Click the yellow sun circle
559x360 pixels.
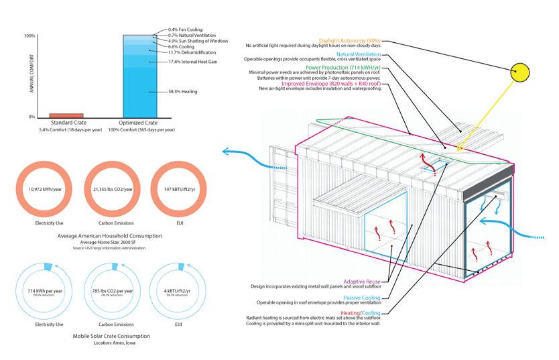tap(521, 72)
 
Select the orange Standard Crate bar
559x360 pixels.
tap(66, 115)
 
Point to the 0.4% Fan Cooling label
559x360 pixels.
tap(186, 29)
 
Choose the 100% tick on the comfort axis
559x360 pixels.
tap(29, 36)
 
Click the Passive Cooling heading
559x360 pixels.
tap(362, 298)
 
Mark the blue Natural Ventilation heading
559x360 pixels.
tap(359, 54)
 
